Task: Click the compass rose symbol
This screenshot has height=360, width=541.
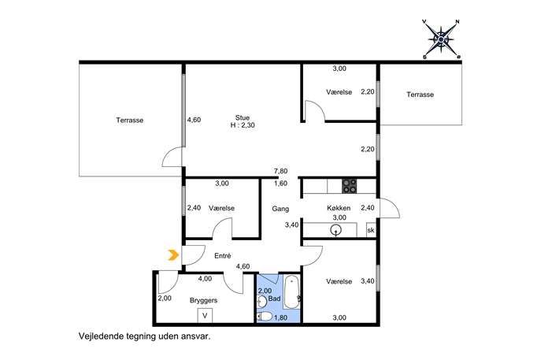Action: (441, 39)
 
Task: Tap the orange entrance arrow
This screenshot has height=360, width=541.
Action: (173, 255)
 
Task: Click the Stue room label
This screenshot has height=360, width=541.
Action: (243, 117)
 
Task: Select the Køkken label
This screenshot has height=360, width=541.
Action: (339, 208)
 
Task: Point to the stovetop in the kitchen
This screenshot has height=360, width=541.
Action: (349, 186)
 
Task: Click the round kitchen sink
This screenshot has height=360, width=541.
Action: (335, 229)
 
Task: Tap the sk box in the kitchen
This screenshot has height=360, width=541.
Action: (371, 230)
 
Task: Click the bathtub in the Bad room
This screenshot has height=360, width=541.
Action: (292, 292)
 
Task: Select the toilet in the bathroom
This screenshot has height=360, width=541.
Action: (265, 316)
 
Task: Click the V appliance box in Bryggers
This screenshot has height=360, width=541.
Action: (205, 315)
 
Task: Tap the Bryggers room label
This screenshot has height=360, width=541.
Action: (204, 300)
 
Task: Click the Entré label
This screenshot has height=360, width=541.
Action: (223, 256)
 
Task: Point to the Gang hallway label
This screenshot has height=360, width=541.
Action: (280, 209)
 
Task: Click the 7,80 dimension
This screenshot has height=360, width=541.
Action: (280, 171)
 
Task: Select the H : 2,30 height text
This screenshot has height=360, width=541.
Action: (243, 125)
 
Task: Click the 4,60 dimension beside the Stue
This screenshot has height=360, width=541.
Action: (194, 120)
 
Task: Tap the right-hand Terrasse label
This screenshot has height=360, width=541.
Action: (420, 95)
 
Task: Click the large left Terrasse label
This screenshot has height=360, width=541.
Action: (130, 120)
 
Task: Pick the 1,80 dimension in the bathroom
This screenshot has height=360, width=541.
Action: (280, 317)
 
